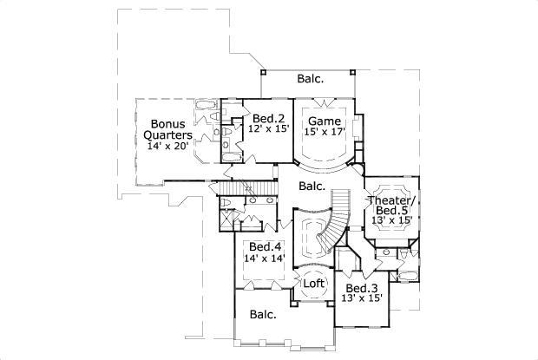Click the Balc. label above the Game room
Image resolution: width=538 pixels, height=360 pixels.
pyautogui.click(x=311, y=79)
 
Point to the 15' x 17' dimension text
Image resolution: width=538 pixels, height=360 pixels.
pyautogui.click(x=325, y=133)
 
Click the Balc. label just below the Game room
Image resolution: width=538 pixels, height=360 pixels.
pyautogui.click(x=312, y=186)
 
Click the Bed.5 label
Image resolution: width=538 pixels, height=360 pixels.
pyautogui.click(x=394, y=211)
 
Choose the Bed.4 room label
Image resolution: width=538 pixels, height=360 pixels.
pyautogui.click(x=263, y=246)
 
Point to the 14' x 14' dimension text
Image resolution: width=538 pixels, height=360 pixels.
pyautogui.click(x=263, y=258)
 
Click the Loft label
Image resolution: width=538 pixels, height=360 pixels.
pyautogui.click(x=313, y=283)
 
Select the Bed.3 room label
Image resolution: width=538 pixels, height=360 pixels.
pyautogui.click(x=360, y=288)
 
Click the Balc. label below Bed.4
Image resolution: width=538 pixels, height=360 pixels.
pyautogui.click(x=263, y=315)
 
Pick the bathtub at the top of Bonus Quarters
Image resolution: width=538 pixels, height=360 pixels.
pyautogui.click(x=206, y=108)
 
